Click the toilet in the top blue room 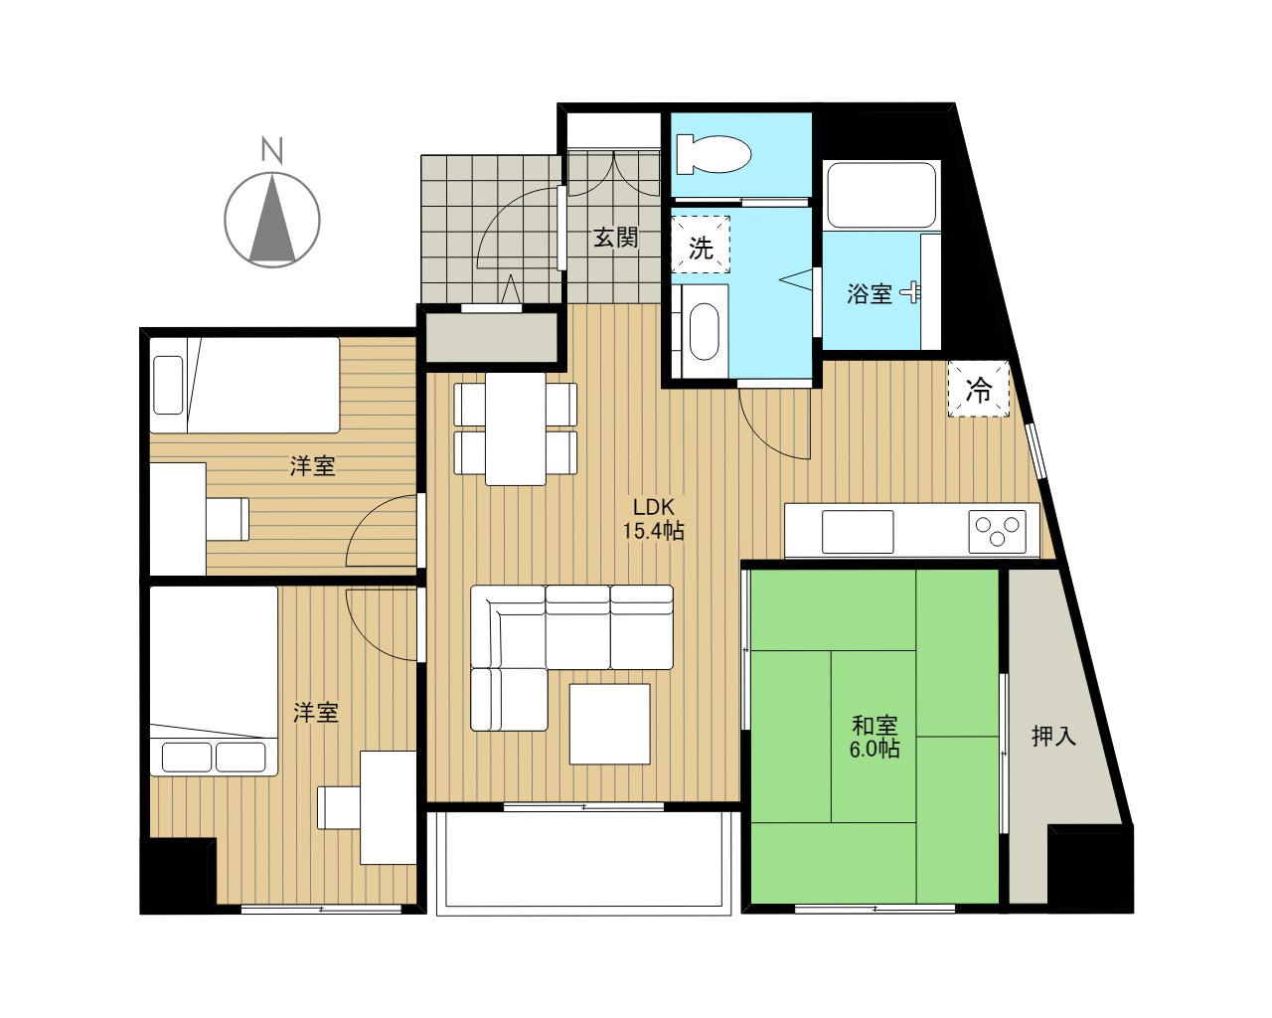714,154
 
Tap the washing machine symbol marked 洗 701,245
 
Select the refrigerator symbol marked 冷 978,389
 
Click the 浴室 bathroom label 869,294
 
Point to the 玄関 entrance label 616,239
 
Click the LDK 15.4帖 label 653,519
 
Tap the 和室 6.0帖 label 874,737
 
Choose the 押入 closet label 1054,736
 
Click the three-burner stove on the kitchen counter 997,531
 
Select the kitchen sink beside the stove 858,532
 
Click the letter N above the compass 272,150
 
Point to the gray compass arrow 272,218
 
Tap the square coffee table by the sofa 610,724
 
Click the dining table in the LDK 516,428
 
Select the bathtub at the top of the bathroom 881,195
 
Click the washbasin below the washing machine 705,331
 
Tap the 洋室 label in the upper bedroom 313,466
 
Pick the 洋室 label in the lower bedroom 316,714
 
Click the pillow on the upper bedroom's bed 168,385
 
